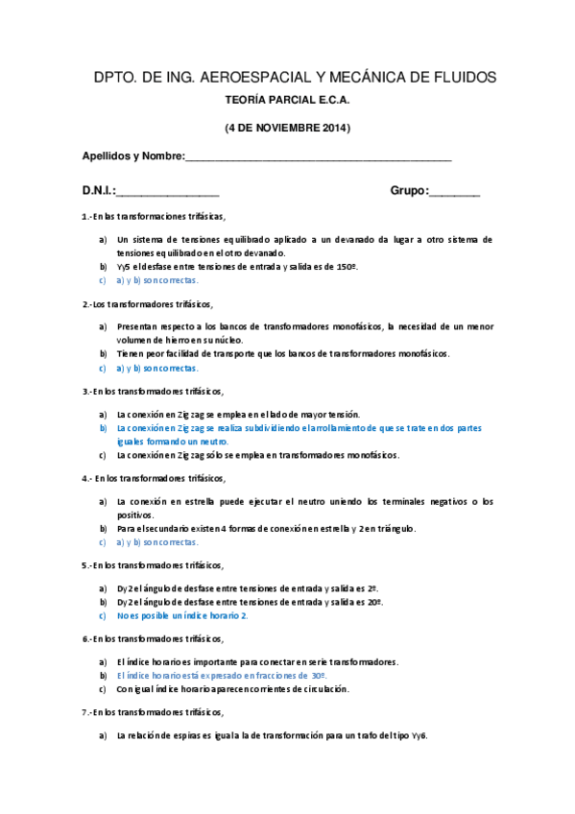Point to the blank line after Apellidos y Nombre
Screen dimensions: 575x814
(318, 156)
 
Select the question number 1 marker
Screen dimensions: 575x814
(85, 216)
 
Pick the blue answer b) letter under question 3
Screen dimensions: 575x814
(102, 428)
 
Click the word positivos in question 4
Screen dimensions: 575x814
(136, 515)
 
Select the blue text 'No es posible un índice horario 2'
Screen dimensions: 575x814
(181, 615)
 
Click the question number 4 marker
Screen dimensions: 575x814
(86, 477)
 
